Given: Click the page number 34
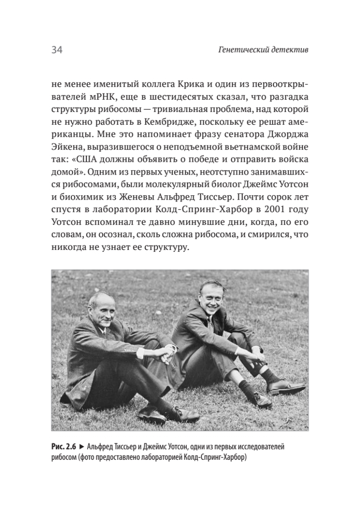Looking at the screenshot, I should tap(57, 50).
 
